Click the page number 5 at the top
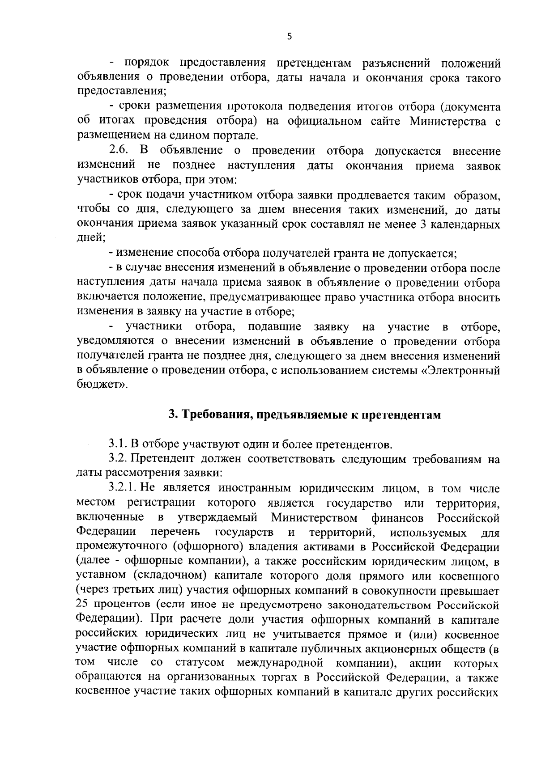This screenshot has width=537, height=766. point(289,37)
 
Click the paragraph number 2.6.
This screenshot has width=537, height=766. point(119,151)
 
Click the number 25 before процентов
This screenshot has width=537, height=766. point(84,605)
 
